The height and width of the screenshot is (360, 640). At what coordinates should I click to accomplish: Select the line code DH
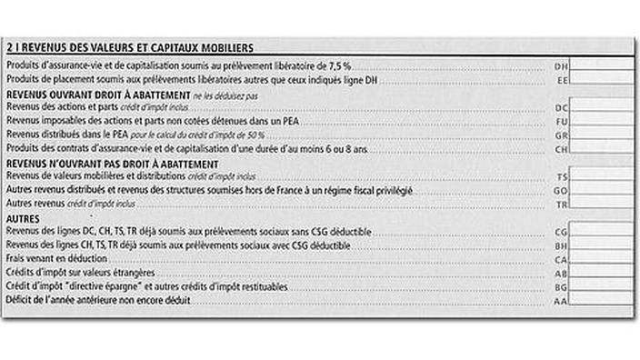pyautogui.click(x=561, y=67)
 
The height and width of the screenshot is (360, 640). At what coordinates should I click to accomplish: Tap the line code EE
pyautogui.click(x=561, y=80)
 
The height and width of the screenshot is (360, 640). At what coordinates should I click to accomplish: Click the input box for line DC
pyautogui.click(x=603, y=107)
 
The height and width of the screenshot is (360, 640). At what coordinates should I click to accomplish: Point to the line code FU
pyautogui.click(x=561, y=121)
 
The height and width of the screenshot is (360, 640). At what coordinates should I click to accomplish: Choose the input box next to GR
pyautogui.click(x=603, y=135)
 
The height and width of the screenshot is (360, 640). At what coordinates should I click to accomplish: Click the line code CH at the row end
pyautogui.click(x=561, y=148)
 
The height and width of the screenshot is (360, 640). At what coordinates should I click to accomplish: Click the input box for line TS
pyautogui.click(x=603, y=175)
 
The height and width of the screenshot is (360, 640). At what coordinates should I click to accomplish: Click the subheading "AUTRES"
pyautogui.click(x=22, y=219)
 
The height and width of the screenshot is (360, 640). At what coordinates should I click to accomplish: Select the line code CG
pyautogui.click(x=561, y=233)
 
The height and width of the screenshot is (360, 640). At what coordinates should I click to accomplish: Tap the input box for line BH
pyautogui.click(x=603, y=246)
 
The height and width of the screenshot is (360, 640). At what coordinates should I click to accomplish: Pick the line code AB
pyautogui.click(x=561, y=273)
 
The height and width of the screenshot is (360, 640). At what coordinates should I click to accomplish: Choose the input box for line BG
pyautogui.click(x=603, y=285)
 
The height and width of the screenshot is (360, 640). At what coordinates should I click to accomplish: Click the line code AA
pyautogui.click(x=561, y=299)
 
